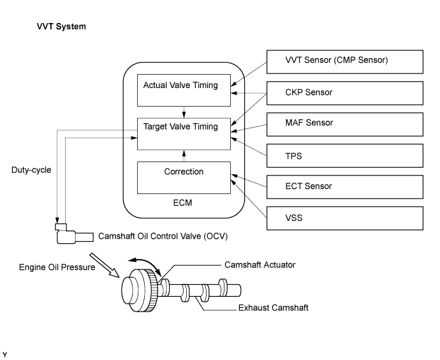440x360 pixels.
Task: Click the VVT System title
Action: [x=61, y=27]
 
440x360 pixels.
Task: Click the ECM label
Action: [x=183, y=203]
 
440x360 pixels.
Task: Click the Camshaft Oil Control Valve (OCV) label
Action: [x=163, y=236]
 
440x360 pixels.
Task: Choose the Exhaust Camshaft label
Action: [x=273, y=308]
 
